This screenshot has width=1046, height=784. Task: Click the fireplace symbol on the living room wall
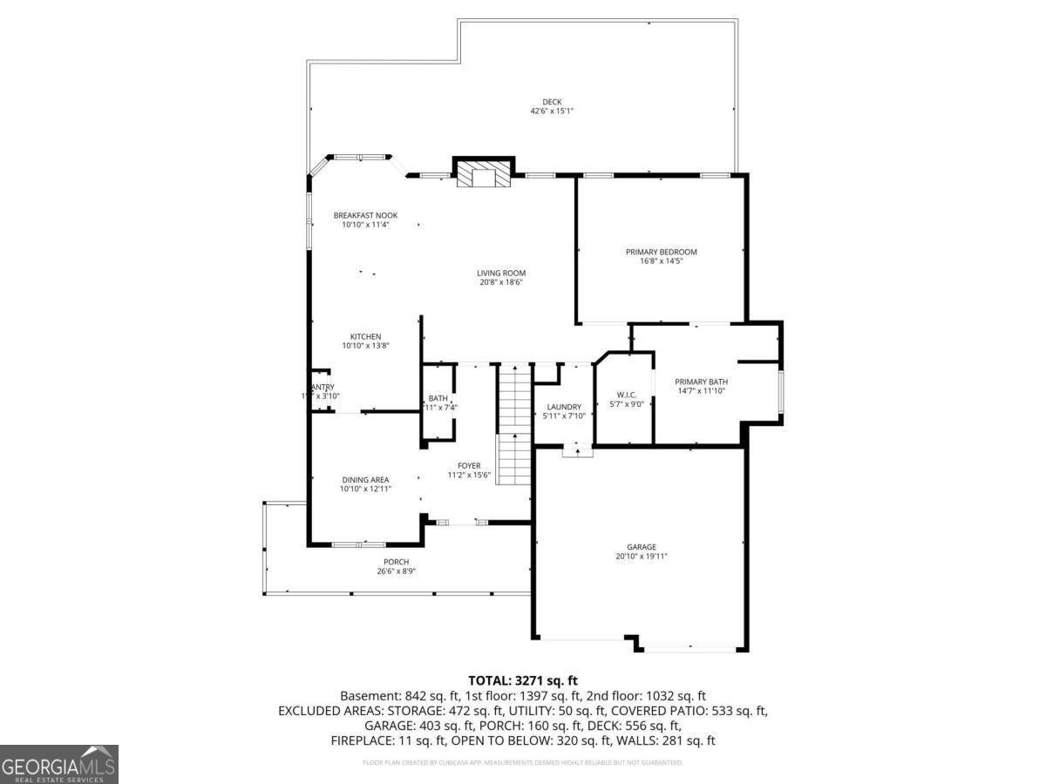click(483, 175)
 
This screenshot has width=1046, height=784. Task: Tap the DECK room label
click(552, 102)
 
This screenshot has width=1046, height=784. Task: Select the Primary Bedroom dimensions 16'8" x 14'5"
click(661, 261)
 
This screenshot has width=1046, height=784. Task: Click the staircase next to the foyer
click(514, 427)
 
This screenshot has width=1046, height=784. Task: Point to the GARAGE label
click(641, 547)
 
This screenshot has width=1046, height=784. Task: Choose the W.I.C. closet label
click(626, 395)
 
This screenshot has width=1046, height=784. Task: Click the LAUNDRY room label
click(564, 407)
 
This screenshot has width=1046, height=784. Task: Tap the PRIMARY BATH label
click(701, 382)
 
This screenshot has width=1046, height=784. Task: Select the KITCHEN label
click(365, 336)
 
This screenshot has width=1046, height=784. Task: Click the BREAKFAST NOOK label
click(365, 215)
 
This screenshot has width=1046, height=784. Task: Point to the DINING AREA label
click(365, 479)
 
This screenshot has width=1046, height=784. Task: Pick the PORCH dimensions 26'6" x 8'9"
click(396, 572)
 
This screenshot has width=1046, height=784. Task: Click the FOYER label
click(469, 465)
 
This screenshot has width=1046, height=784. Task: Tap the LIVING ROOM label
click(501, 273)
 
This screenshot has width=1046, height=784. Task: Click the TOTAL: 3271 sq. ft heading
click(523, 680)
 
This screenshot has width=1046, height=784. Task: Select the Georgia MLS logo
click(59, 764)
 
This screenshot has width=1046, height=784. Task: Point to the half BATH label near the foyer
click(438, 398)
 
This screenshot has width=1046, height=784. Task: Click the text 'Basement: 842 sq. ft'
click(394, 696)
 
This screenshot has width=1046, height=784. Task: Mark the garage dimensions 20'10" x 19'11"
click(641, 557)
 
